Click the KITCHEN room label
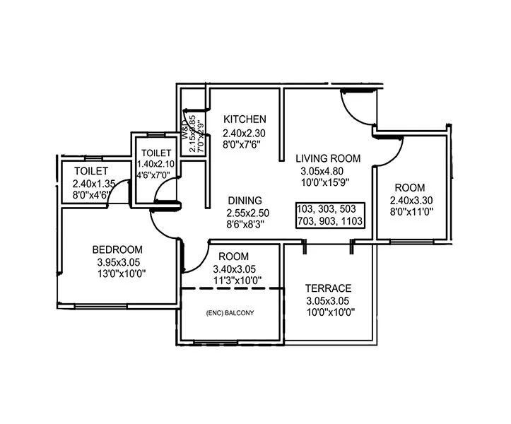point(245,119)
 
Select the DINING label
point(245,200)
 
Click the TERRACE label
point(329,288)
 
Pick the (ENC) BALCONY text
point(230,312)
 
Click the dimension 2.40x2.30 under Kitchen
point(245,132)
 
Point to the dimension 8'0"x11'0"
point(410,212)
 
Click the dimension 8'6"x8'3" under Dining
point(245,225)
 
